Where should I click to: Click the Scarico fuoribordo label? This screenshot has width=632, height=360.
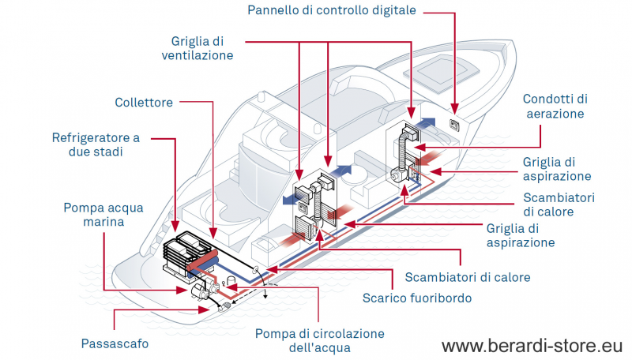(416, 298)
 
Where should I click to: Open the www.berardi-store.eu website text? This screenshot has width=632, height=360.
(532, 346)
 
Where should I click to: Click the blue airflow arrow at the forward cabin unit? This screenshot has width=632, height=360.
(426, 121)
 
